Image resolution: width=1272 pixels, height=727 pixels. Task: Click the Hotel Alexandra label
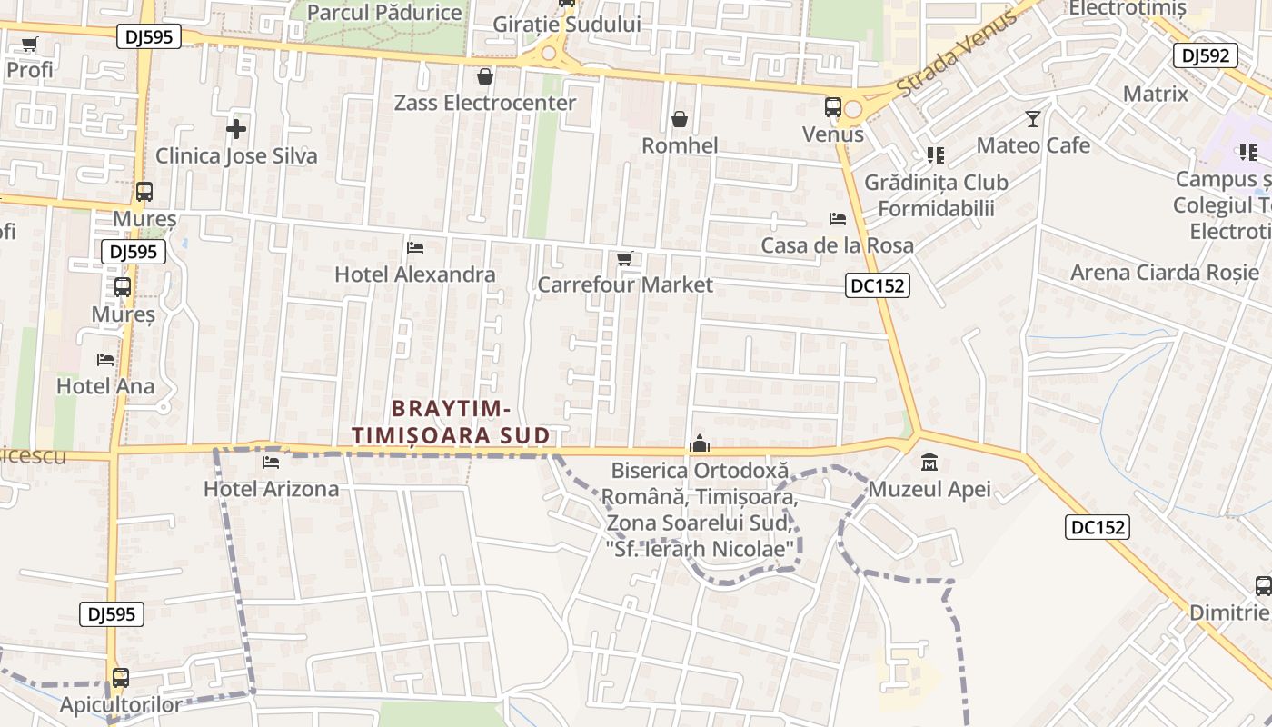415,274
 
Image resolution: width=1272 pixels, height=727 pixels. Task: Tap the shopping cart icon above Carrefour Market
624,259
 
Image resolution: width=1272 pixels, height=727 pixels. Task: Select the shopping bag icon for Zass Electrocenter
485,75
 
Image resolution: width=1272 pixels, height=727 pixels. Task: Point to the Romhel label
680,145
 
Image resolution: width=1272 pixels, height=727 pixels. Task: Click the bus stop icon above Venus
832,107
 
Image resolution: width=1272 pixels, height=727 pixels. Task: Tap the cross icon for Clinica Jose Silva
236,129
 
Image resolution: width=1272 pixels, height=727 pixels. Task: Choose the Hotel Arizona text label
271,489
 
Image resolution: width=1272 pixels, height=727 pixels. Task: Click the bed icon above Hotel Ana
105,360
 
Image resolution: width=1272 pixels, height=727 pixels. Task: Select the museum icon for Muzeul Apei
929,463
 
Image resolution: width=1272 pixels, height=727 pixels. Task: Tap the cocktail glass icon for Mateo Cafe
1033,118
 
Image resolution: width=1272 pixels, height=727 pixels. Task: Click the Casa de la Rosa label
838,245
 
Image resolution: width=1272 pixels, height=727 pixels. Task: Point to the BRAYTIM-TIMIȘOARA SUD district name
452,423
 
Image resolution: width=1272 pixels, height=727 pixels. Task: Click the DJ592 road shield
1206,55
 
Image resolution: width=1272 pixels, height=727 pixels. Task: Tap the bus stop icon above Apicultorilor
120,678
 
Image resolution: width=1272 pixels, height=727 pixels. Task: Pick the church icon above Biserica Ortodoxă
700,443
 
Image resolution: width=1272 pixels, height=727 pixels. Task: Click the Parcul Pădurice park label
384,12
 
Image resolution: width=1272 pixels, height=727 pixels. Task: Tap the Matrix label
1155,94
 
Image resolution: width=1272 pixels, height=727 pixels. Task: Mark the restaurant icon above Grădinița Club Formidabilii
936,155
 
